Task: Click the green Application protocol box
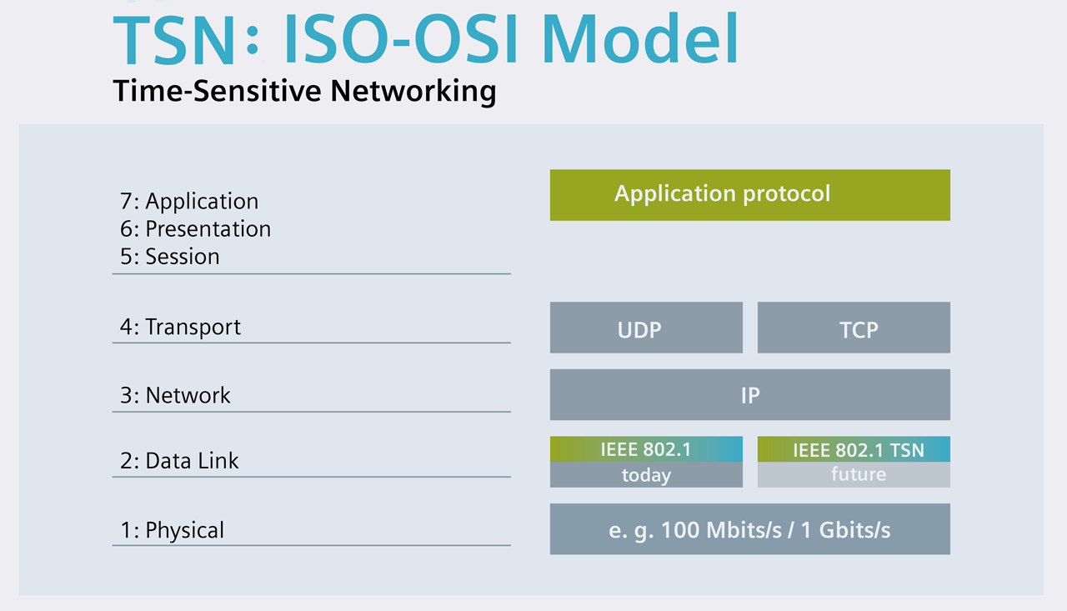coord(749,195)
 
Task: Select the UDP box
coord(646,328)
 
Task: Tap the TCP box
coord(854,328)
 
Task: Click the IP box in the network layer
coord(749,395)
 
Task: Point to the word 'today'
coord(646,475)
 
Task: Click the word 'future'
coord(858,474)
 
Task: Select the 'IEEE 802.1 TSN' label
coord(858,450)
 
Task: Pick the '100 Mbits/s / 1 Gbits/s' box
coord(749,529)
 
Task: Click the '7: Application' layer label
coord(189,202)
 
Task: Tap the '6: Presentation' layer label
coord(195,229)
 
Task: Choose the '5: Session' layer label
coord(170,257)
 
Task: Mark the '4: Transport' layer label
coord(180,327)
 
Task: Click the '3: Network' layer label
coord(175,395)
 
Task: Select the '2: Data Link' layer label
coord(179,461)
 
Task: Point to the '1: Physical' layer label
coord(172,530)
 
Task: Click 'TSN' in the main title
coord(173,39)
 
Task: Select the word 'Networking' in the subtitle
coord(413,91)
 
